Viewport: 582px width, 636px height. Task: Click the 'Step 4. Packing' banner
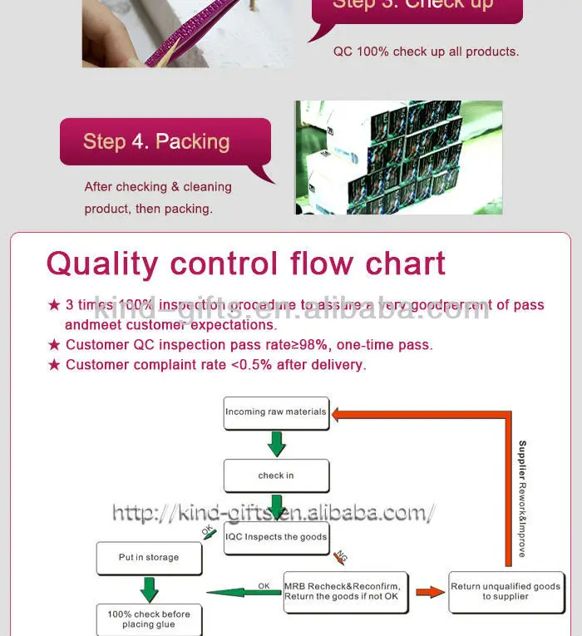165,141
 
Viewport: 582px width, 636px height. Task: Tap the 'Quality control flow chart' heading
246,264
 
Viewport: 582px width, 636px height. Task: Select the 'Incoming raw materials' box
276,412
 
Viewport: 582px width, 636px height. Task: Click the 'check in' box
276,476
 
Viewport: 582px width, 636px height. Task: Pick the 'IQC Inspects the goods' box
276,537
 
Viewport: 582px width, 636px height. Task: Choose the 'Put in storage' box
149,558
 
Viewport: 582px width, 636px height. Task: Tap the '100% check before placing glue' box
149,619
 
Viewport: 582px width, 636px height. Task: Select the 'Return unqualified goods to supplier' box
506,591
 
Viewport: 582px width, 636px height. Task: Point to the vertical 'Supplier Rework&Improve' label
522,499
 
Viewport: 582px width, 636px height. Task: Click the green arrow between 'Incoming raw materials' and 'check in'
276,444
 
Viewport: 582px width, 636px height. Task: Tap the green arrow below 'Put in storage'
149,589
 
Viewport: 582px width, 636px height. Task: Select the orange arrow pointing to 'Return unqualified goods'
430,592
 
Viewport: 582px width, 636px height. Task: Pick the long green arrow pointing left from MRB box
244,593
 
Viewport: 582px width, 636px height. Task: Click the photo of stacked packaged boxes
399,157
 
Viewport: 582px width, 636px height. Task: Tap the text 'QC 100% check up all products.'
426,52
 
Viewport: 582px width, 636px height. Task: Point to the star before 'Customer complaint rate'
54,365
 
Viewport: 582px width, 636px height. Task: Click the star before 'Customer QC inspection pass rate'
54,345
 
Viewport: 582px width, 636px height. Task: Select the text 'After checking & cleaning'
158,187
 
